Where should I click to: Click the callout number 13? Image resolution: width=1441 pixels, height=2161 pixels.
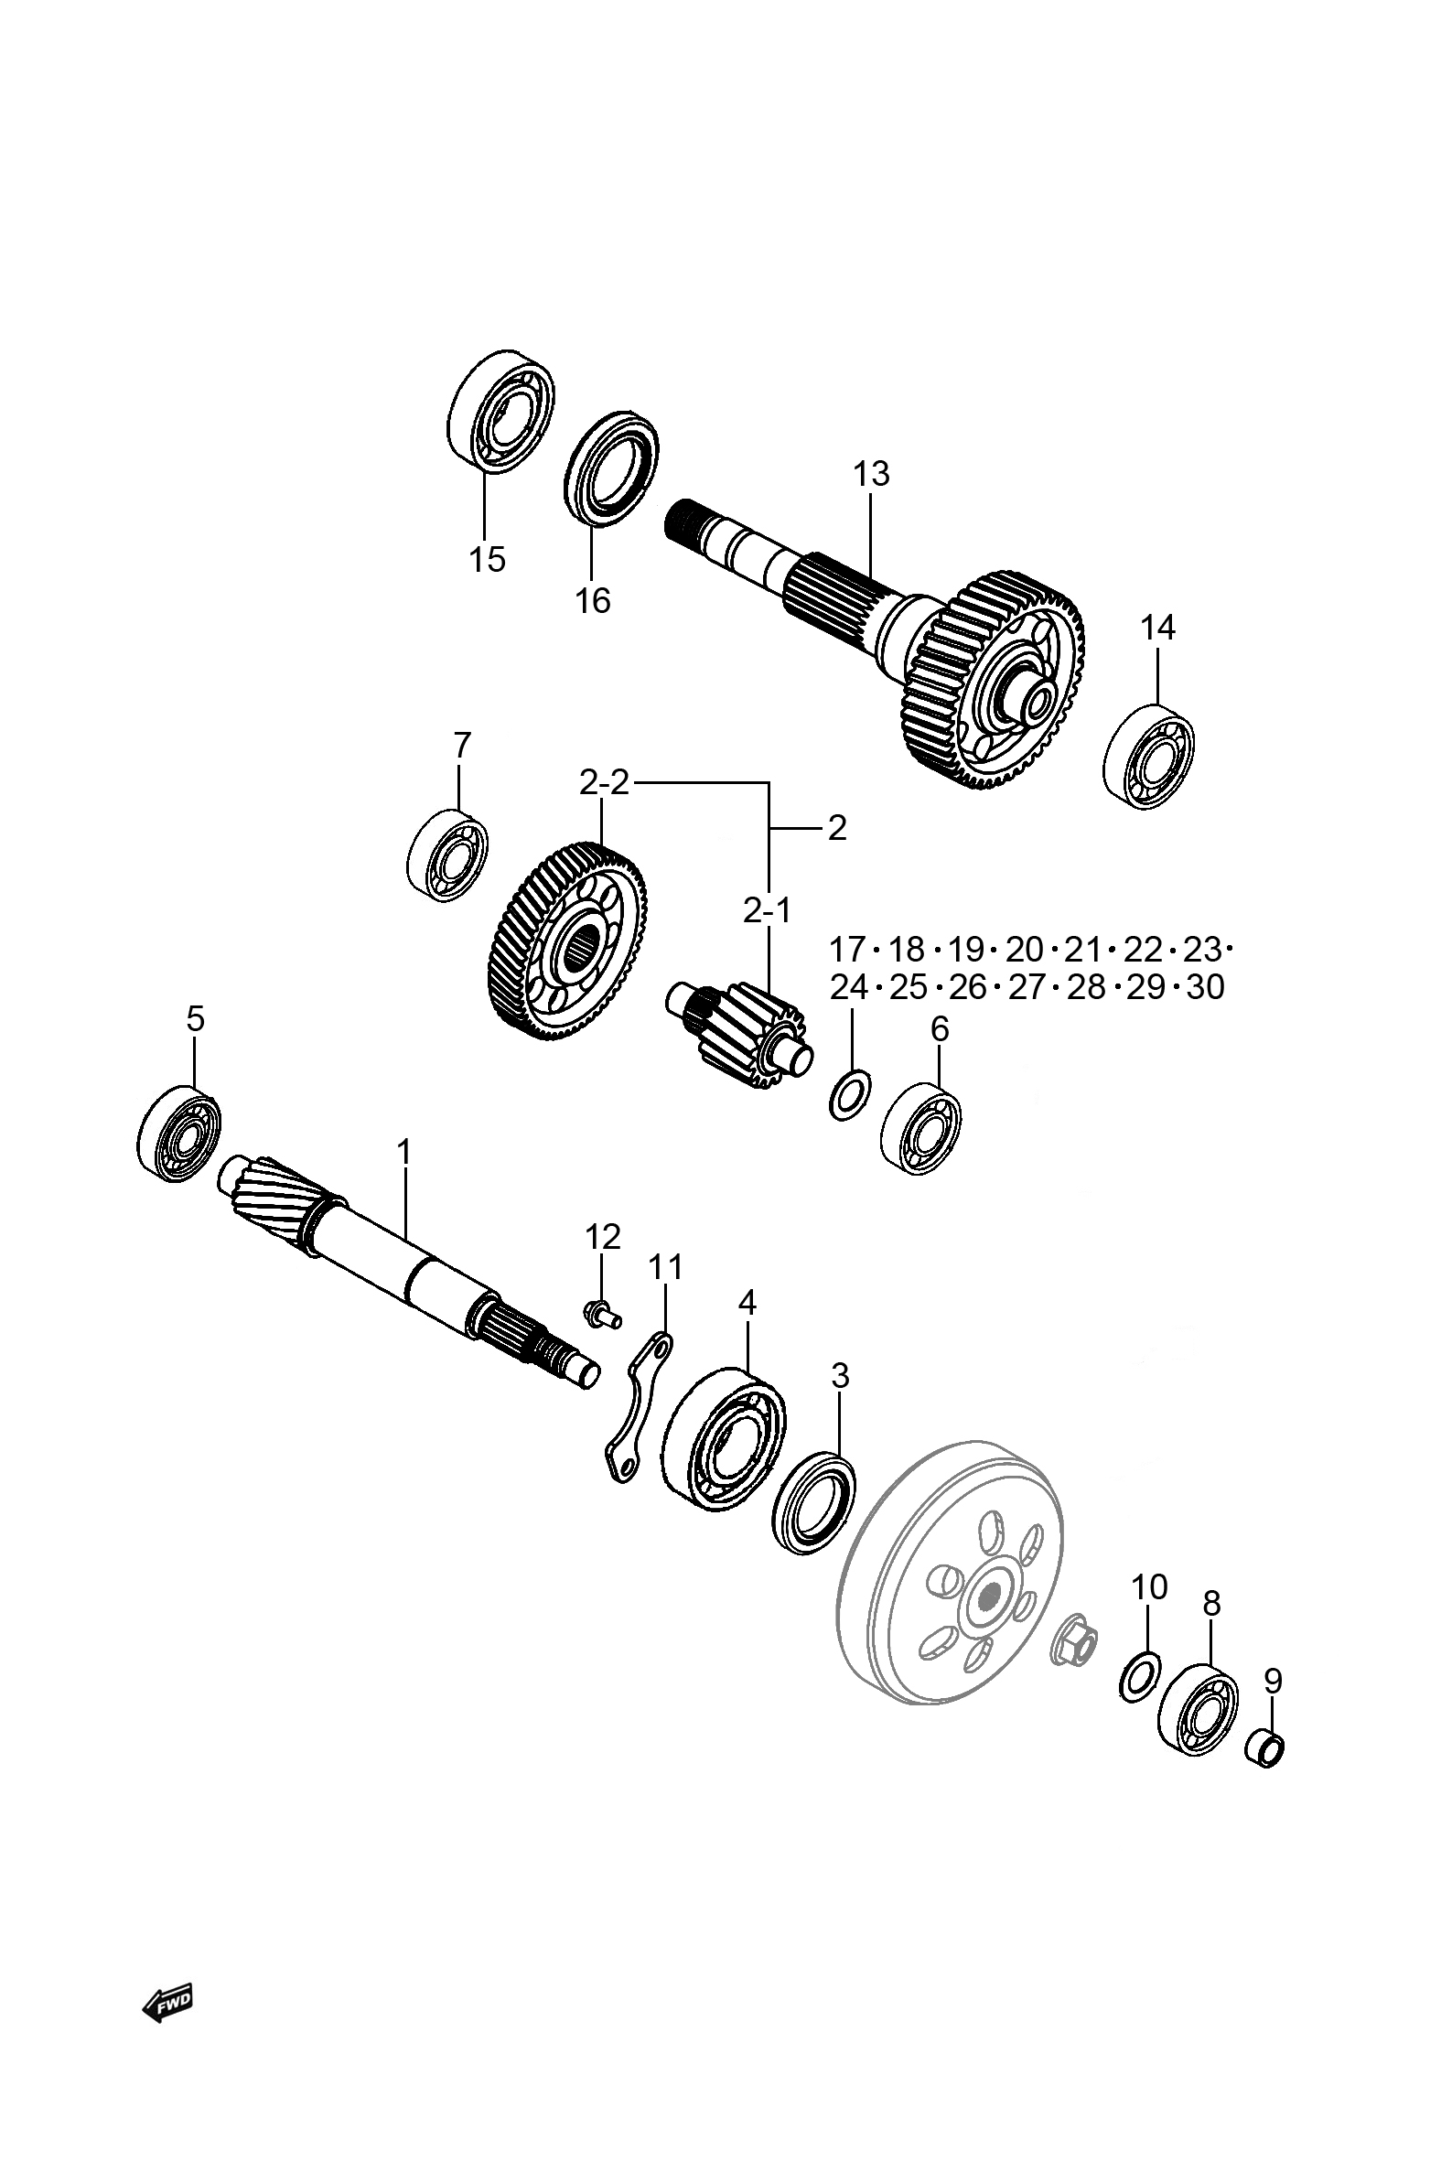coord(871,474)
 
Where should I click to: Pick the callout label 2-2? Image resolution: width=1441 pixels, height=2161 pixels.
coord(604,783)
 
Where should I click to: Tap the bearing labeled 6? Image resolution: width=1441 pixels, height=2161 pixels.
coord(920,1129)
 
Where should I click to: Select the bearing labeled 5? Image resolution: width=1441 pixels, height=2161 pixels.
coord(179,1134)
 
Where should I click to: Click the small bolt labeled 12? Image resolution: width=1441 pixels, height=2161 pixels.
coord(603,1315)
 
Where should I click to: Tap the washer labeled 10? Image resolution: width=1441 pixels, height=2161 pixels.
coord(1140,1680)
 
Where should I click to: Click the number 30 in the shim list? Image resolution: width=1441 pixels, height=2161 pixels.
coord(1206,987)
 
